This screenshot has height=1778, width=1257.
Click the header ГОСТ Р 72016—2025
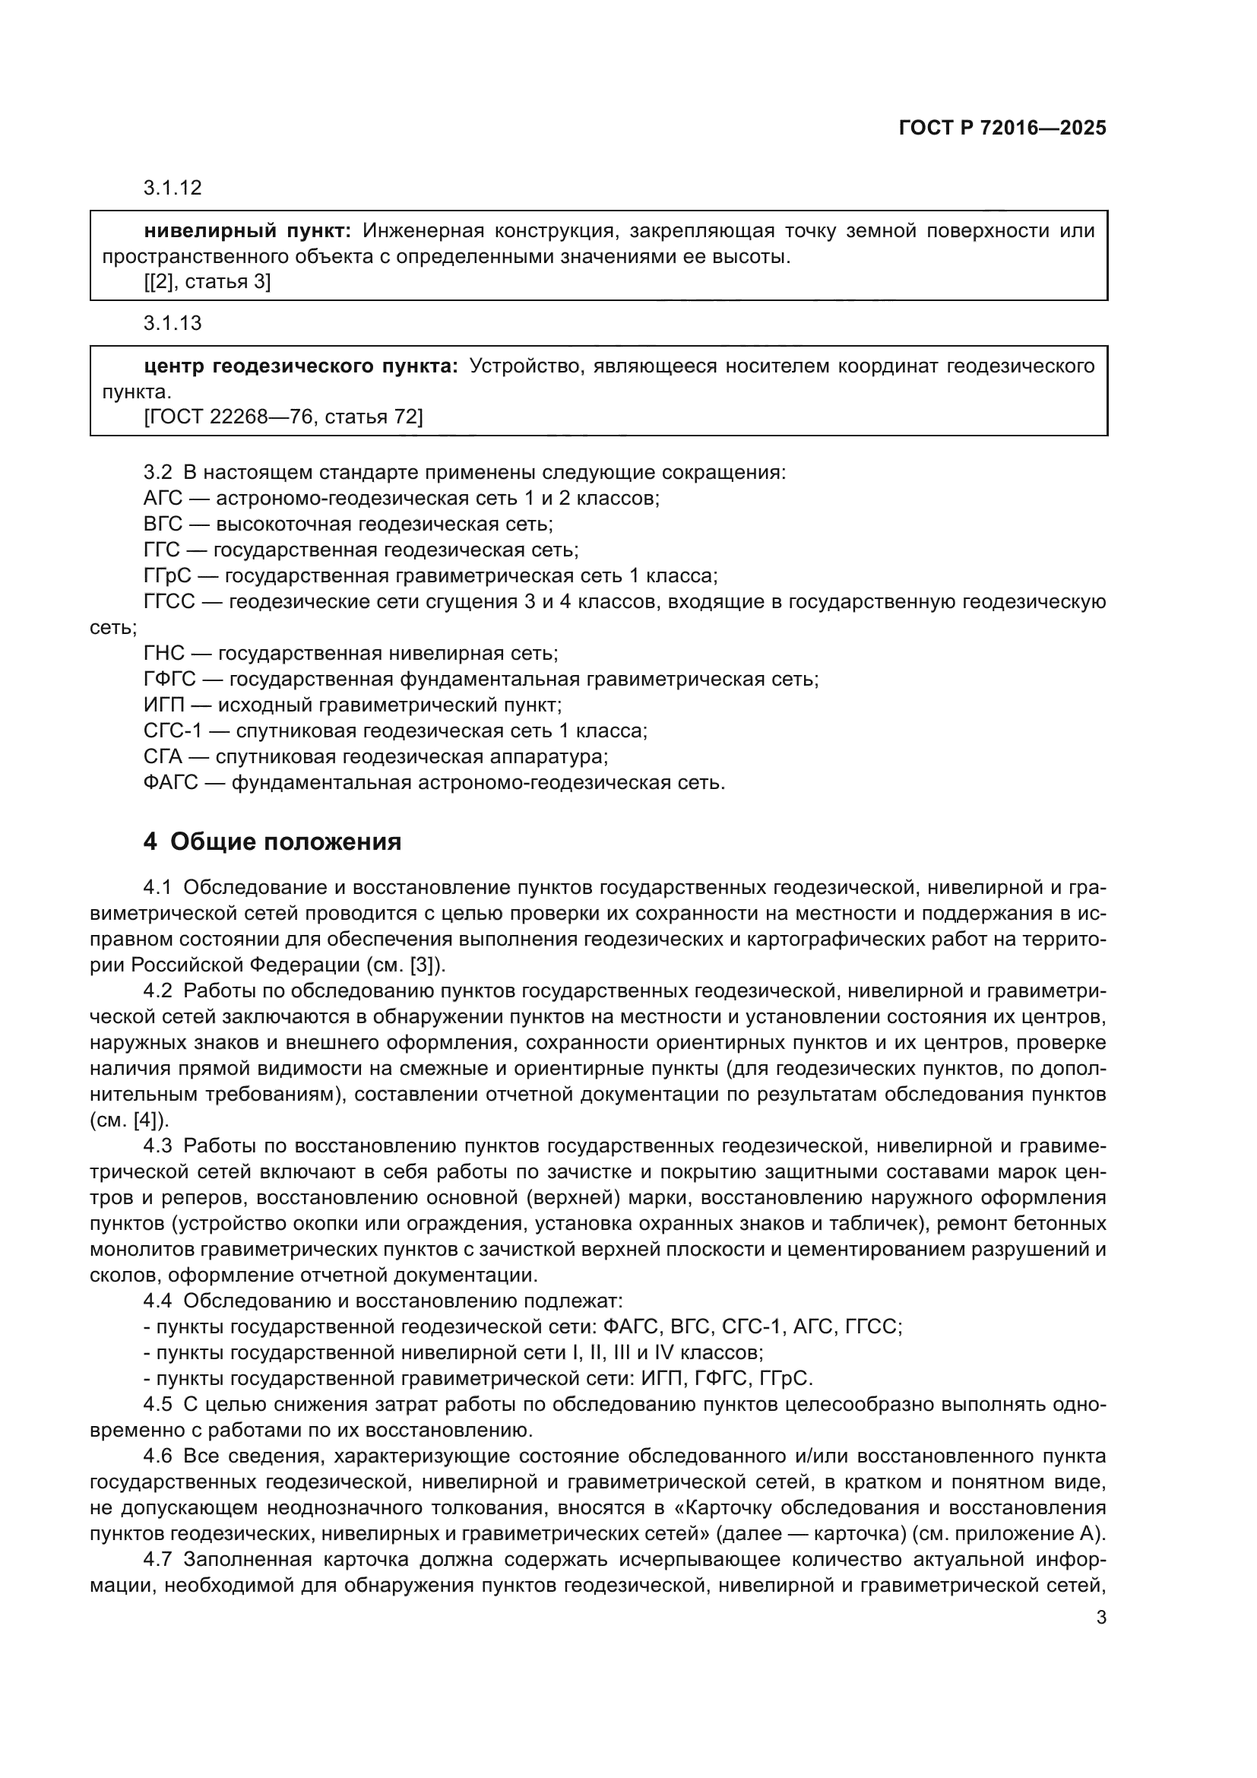(x=1002, y=128)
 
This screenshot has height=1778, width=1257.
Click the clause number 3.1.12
(x=172, y=188)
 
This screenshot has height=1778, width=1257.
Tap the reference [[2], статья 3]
(x=207, y=282)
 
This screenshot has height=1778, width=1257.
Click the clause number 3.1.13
(x=172, y=323)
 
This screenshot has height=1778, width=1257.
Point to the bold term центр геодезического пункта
(x=301, y=366)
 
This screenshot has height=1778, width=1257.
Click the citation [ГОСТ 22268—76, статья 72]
(x=283, y=417)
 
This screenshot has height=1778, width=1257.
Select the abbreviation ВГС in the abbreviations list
(x=163, y=525)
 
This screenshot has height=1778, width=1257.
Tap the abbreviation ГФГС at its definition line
(x=169, y=680)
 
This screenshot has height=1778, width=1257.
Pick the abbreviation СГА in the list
(x=163, y=756)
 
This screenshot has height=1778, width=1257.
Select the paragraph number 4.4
(x=158, y=1301)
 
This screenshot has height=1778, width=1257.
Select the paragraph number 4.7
(x=158, y=1559)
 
